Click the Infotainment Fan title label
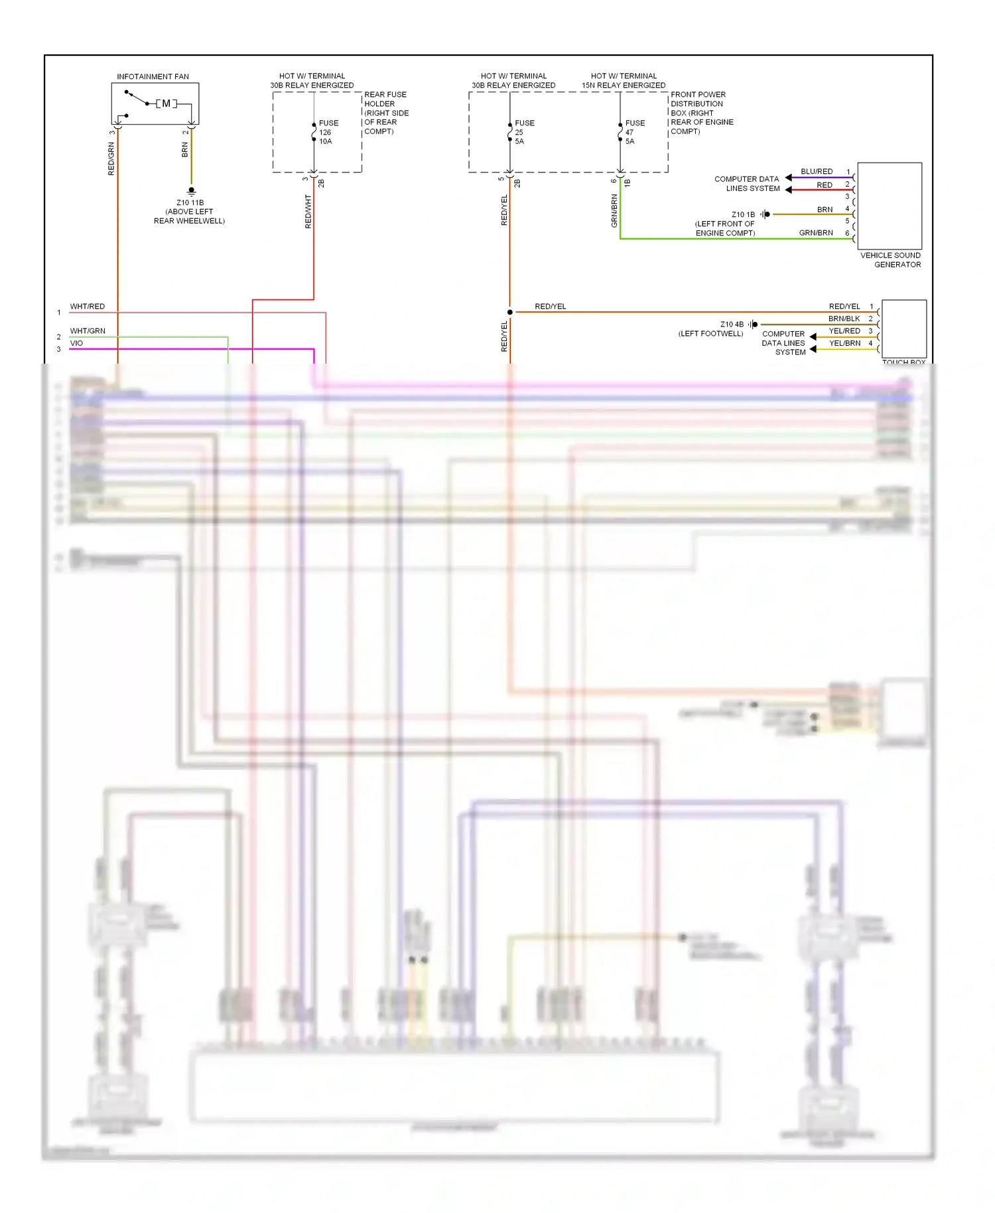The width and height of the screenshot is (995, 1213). tap(153, 77)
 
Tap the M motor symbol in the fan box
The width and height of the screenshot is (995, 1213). tap(166, 104)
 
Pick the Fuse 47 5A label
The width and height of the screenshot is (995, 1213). tap(634, 132)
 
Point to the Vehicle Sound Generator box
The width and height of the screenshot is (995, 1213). tap(890, 206)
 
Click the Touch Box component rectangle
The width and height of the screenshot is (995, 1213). tap(904, 329)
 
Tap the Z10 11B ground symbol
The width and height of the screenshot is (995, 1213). tap(192, 191)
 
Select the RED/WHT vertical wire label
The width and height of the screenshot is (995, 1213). tap(308, 212)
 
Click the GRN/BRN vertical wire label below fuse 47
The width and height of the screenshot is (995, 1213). tap(614, 211)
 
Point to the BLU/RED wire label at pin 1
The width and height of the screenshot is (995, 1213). tap(816, 172)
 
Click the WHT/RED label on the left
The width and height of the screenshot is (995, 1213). tap(88, 307)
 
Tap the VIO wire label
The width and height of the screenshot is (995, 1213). tap(77, 343)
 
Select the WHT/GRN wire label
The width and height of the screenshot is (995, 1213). tap(88, 330)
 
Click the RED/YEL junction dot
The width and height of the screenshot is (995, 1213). tap(509, 312)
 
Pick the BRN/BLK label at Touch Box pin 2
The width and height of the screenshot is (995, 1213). tap(844, 319)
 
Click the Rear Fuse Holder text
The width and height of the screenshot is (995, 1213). tap(386, 113)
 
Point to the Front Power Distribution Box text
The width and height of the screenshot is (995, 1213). tap(701, 113)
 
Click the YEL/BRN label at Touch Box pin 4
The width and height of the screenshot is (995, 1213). tap(844, 343)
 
